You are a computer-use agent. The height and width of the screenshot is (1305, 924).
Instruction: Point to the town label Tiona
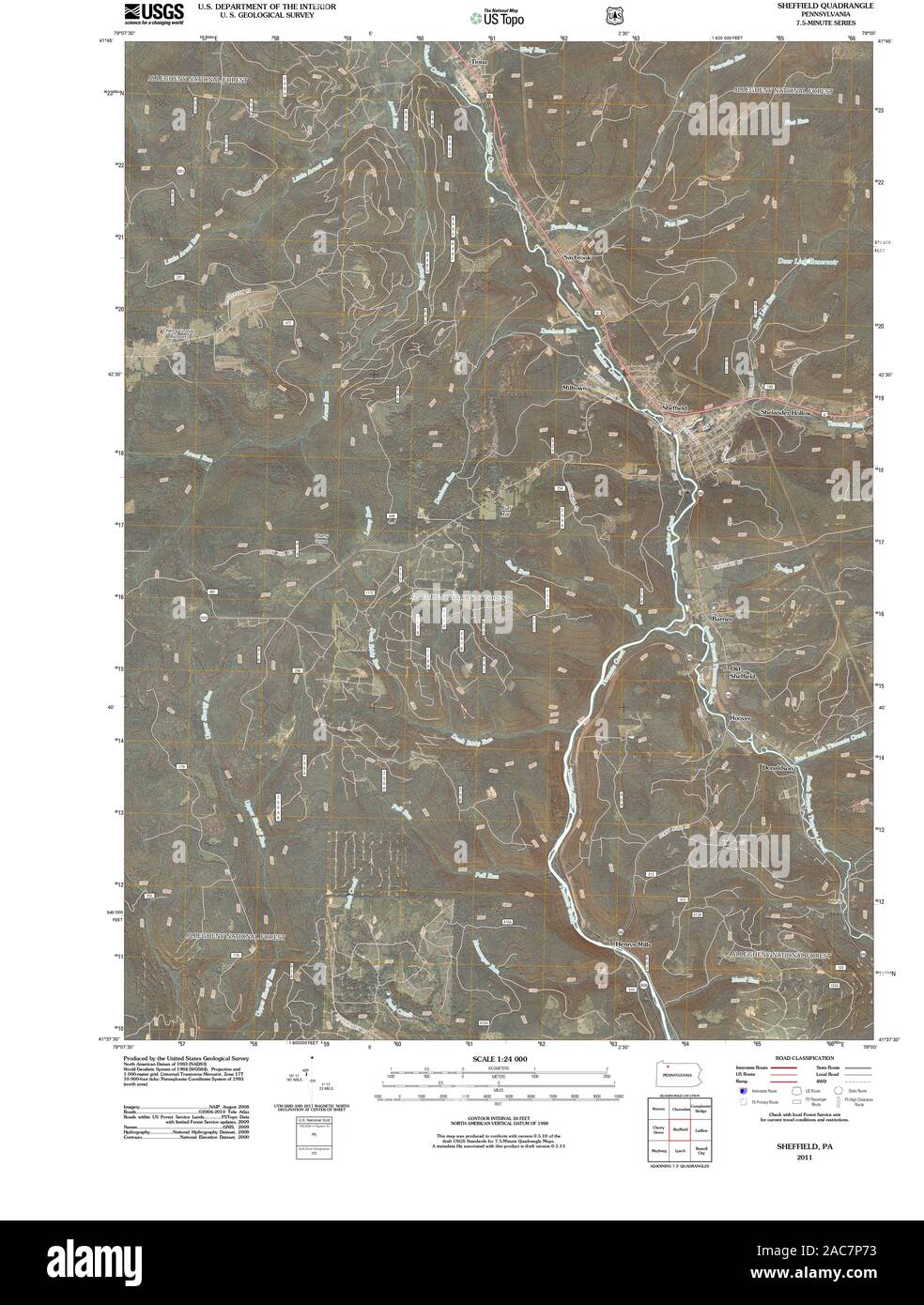(x=478, y=63)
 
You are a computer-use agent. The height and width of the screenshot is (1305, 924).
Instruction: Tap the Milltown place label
(x=574, y=388)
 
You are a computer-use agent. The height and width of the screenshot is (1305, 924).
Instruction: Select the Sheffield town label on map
(x=674, y=409)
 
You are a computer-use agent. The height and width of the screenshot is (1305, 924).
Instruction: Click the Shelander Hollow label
(x=787, y=413)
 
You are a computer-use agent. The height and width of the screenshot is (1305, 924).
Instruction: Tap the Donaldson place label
(x=778, y=768)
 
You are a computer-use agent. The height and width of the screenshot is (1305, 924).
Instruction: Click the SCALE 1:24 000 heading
(x=499, y=1059)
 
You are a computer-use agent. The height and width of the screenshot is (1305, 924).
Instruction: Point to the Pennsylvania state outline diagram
(x=681, y=1074)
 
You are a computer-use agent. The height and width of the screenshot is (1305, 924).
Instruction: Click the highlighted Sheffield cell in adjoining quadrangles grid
(x=681, y=1130)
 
